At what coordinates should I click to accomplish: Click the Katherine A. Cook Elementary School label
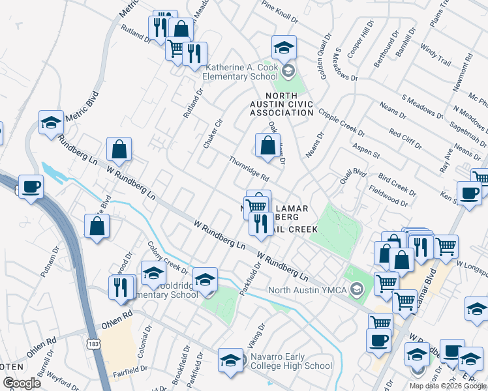(x=243, y=72)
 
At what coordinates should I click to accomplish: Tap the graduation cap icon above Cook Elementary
(x=284, y=48)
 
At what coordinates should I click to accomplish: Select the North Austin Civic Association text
(x=282, y=104)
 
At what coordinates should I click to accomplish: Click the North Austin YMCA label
(x=310, y=289)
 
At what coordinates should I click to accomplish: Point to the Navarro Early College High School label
(x=291, y=366)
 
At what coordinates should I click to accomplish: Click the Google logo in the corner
(x=22, y=383)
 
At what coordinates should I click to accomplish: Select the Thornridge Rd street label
(x=249, y=168)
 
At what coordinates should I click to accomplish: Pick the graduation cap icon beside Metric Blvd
(x=50, y=122)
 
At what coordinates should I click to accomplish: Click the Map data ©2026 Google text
(x=447, y=386)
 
